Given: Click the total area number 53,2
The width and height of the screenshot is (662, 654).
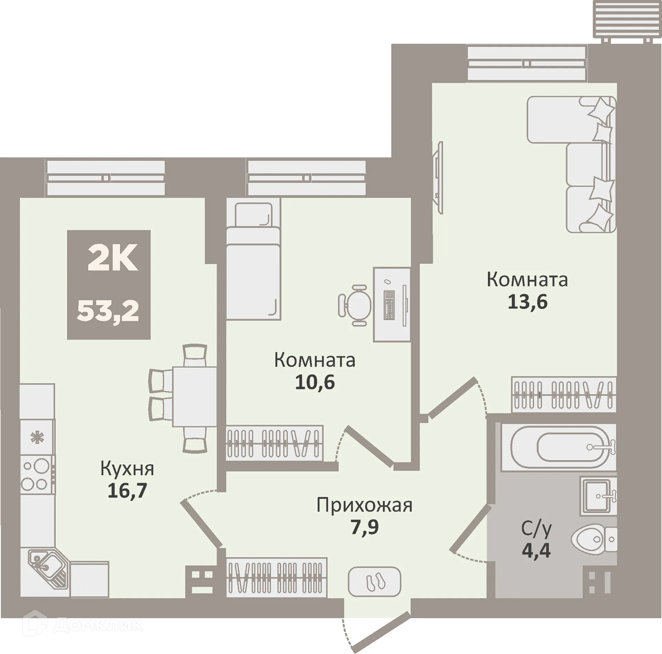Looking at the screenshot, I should [x=108, y=310].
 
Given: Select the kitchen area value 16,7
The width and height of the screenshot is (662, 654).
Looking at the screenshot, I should [x=127, y=490].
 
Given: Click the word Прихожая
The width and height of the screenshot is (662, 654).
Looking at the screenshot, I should [x=364, y=506].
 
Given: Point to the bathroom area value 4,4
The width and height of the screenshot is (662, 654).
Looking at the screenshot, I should [x=536, y=550].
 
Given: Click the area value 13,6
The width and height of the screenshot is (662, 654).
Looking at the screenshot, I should [x=528, y=302].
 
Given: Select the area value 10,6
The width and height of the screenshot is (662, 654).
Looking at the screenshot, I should [x=315, y=382].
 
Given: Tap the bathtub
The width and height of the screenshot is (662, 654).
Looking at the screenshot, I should [x=559, y=447].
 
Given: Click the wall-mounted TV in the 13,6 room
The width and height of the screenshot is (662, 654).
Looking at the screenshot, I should [x=439, y=178].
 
